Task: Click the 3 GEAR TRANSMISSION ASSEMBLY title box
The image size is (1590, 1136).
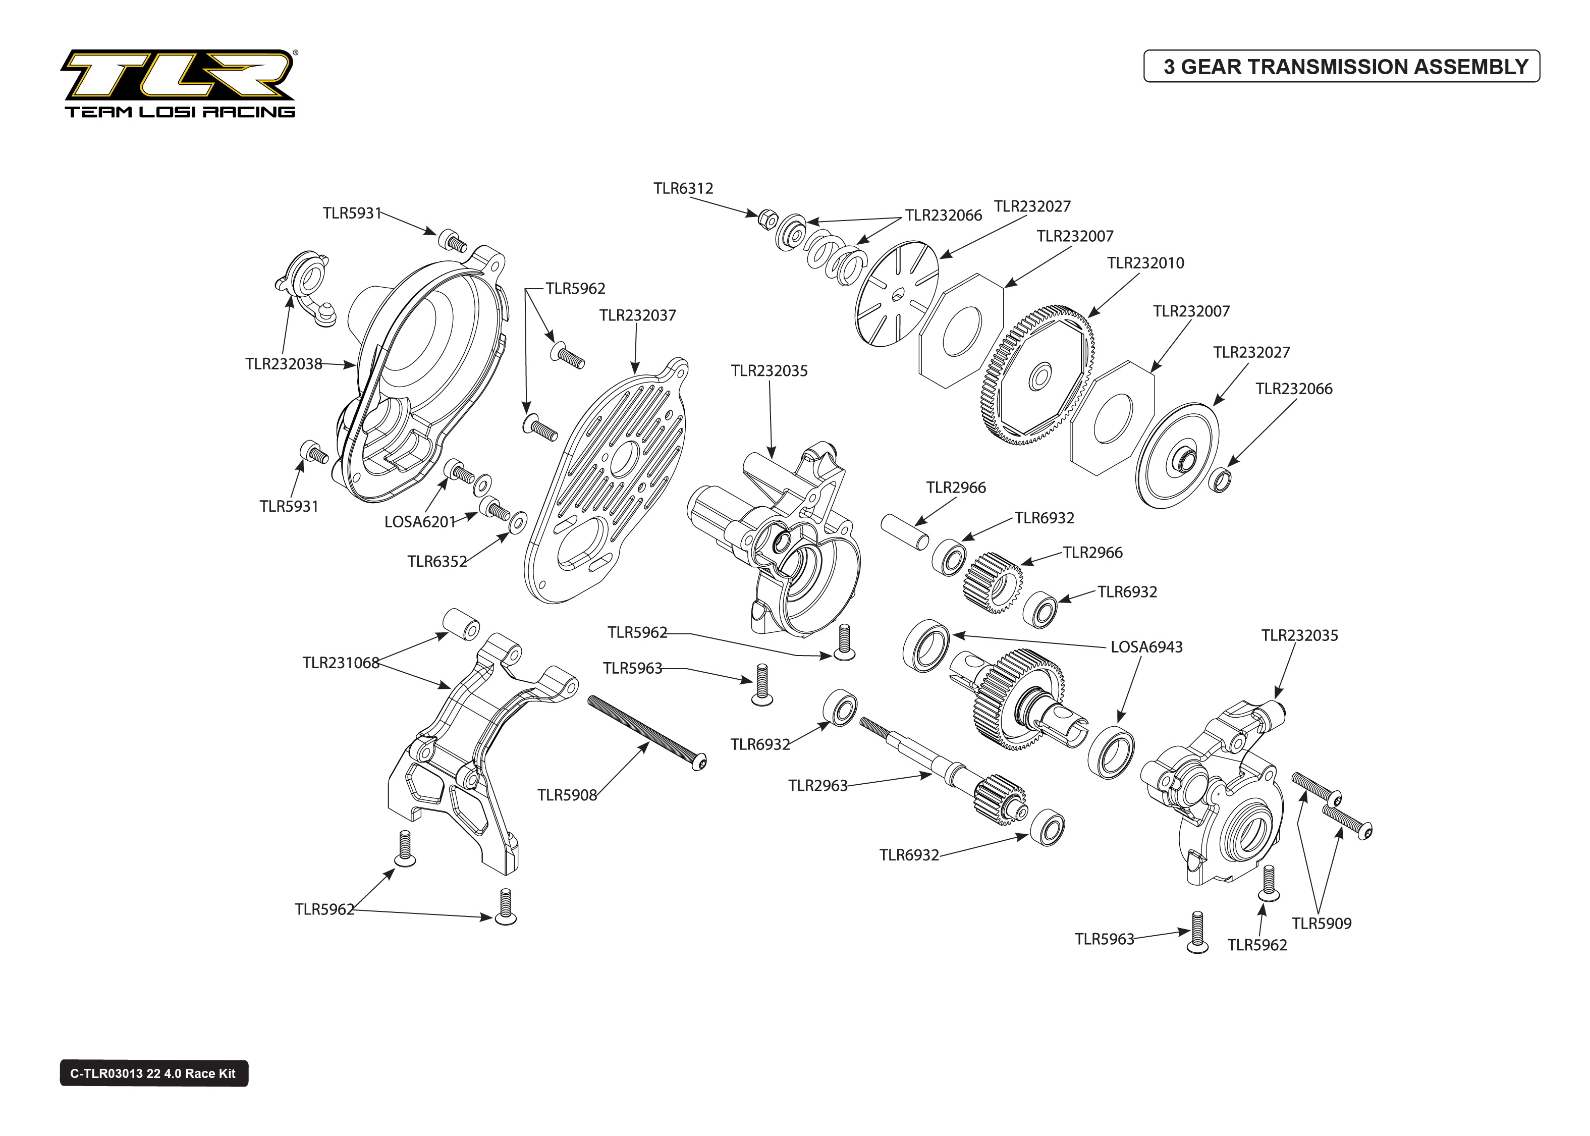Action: click(1341, 67)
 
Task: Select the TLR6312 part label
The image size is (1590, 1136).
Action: click(683, 188)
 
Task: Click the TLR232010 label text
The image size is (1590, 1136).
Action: click(1145, 263)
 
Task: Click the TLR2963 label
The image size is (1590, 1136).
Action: click(817, 786)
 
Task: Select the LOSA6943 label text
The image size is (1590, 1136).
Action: click(1146, 647)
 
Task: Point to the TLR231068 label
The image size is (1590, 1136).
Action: click(341, 663)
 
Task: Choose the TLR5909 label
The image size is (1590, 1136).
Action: click(1321, 924)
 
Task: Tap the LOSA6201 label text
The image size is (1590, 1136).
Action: click(419, 522)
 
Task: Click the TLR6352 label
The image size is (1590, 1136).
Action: click(437, 561)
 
